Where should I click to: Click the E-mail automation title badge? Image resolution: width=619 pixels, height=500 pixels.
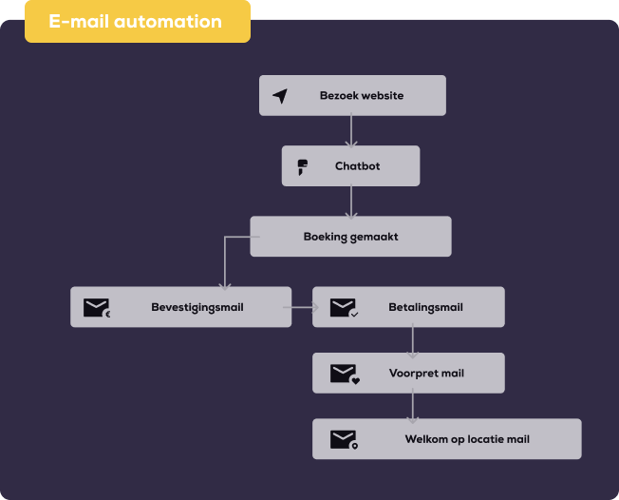point(137,21)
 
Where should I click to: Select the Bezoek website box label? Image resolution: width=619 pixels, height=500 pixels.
point(362,96)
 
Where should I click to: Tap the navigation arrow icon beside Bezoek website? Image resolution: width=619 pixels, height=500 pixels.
point(280,96)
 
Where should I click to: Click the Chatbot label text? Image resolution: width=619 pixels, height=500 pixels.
point(357,166)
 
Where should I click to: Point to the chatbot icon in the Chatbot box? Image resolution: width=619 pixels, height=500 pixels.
point(303,166)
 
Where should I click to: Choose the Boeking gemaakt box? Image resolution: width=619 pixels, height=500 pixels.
point(350,237)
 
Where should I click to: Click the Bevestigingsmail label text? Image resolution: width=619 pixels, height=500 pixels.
point(197,307)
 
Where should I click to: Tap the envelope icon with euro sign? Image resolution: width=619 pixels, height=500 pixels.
point(97,308)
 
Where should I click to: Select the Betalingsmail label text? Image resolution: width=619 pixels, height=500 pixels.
point(425,307)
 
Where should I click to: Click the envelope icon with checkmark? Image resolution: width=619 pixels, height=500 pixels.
point(343,308)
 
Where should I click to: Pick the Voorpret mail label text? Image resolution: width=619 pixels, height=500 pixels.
point(426,374)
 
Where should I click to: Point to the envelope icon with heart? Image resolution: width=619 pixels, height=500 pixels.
point(344,375)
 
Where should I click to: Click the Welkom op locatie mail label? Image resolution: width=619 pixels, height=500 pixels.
point(467,439)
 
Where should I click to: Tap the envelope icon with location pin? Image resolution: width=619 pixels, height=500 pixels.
point(344,439)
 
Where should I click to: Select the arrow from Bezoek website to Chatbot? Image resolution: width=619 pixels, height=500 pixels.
point(351,130)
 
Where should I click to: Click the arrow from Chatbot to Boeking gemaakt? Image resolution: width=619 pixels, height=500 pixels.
point(351,201)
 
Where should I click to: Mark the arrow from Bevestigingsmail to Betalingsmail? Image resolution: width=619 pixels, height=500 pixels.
point(302,307)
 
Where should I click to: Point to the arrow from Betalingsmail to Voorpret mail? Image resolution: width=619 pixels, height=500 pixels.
point(412,340)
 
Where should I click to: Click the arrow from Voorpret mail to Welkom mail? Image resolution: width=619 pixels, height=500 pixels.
point(412,406)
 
